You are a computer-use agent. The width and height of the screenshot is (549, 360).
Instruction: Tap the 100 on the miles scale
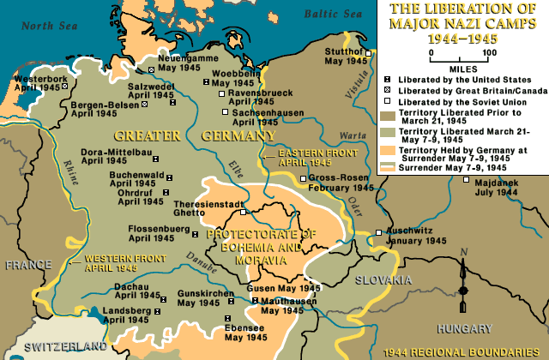(490, 52)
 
